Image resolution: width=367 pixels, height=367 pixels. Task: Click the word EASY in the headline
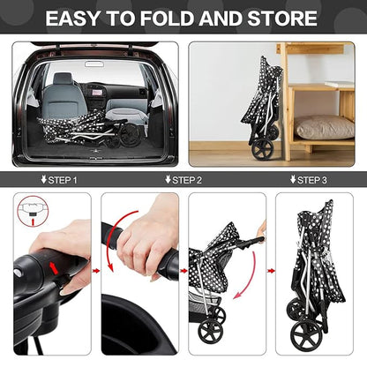(76, 18)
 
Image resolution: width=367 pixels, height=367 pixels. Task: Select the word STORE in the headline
(281, 18)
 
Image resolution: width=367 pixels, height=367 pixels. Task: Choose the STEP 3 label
(311, 180)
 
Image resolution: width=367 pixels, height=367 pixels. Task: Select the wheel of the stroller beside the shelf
(262, 147)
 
